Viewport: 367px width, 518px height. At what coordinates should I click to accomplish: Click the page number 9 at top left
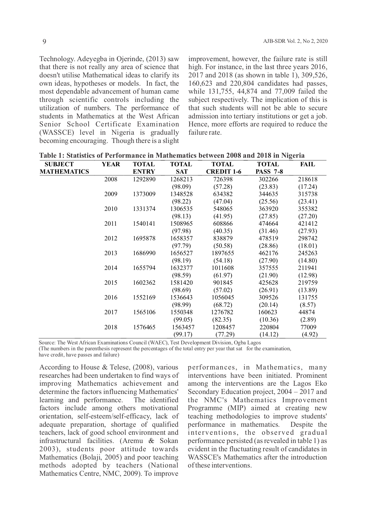44,42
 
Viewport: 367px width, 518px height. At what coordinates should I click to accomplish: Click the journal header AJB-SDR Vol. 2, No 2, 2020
295,41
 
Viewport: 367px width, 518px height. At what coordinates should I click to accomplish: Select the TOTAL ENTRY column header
144,168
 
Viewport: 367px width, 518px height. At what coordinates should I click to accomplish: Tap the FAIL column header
307,164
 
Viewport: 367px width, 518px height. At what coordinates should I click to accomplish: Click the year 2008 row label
111,179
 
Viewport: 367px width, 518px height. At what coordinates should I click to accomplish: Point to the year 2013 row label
111,253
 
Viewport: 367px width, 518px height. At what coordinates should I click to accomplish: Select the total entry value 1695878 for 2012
144,238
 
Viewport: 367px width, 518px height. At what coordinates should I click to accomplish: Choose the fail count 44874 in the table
307,312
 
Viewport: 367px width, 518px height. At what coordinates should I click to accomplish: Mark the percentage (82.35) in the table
222,320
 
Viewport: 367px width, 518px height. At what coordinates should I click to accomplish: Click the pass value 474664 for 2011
268,224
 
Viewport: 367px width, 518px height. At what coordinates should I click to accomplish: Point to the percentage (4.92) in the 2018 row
309,334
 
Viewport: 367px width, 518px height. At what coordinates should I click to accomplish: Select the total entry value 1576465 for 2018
144,327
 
